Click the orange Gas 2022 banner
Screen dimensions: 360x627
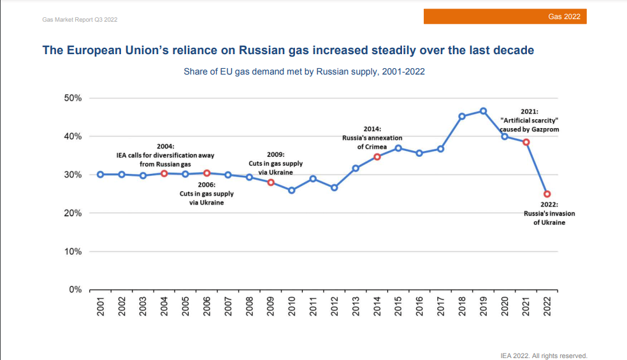(505, 17)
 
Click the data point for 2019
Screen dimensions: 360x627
(484, 111)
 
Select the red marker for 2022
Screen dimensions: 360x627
(547, 194)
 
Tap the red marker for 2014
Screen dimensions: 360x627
(377, 157)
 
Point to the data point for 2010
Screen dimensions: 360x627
(292, 191)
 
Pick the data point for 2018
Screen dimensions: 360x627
(462, 117)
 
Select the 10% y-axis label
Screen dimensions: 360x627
(72, 252)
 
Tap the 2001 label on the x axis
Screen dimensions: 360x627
(101, 306)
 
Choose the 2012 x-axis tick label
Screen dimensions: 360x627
(335, 306)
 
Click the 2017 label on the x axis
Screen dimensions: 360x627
(441, 306)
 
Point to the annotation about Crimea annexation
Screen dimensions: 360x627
(372, 138)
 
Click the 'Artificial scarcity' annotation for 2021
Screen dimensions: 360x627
(530, 120)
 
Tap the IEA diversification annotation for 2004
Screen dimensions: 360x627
(165, 155)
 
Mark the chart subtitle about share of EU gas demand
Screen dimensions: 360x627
(304, 72)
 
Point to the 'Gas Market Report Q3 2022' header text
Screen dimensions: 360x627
(80, 20)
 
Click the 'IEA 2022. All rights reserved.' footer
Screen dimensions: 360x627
(544, 356)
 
